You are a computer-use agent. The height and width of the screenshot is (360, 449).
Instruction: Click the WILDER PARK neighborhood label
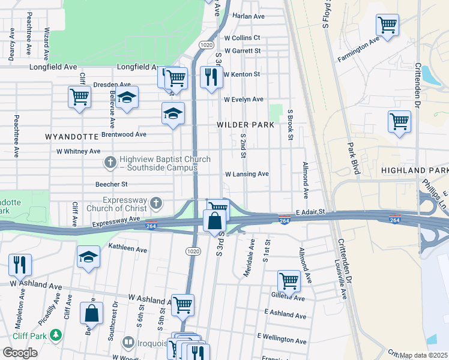coord(246,125)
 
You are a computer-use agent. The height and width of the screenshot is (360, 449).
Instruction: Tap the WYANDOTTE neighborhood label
coord(72,137)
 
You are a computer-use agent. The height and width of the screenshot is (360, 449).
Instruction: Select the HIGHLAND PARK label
coord(414,171)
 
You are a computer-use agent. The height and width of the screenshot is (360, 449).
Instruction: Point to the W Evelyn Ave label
coord(243,100)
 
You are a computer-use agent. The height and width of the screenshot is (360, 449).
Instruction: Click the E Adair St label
coord(310,212)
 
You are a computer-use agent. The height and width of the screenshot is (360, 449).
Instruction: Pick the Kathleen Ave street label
coord(127,248)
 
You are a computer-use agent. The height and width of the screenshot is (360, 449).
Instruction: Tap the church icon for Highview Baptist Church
coord(110,162)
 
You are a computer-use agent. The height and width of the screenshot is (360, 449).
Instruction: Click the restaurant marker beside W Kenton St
coord(211,77)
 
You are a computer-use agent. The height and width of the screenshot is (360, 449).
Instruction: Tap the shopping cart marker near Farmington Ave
coord(387,25)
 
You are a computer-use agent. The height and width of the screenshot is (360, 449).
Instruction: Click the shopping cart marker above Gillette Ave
coord(289,280)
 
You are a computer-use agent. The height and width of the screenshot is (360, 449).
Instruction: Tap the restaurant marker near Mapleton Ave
coord(20,264)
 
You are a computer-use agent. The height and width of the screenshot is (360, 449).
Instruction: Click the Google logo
coord(20,353)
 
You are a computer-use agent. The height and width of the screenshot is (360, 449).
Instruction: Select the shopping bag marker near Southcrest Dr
coord(91,313)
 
